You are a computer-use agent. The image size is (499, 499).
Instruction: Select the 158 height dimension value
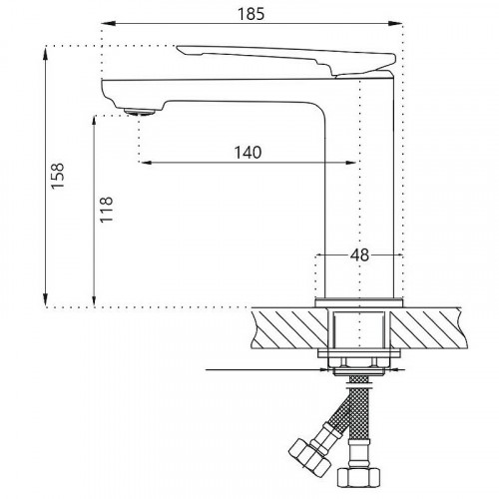click(59, 177)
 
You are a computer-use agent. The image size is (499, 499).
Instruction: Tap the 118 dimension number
click(107, 212)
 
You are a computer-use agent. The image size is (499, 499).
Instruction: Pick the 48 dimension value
click(359, 254)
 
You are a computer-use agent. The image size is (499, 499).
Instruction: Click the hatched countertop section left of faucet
click(289, 327)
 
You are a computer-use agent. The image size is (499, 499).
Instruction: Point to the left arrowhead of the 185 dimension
click(107, 27)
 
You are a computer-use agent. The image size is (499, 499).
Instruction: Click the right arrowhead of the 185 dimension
click(404, 27)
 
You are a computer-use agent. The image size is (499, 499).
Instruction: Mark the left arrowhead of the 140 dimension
click(143, 162)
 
